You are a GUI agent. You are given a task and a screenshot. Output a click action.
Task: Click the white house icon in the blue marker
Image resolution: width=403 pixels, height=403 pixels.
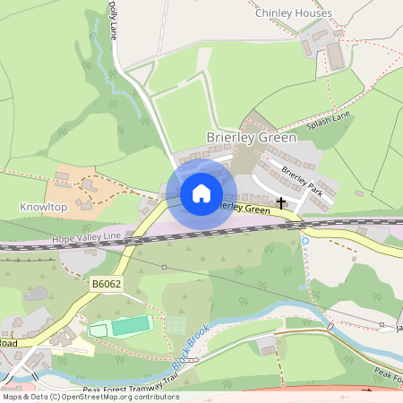pos(201,193)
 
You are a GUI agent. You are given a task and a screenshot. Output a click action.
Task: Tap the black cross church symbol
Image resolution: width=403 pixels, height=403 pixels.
pos(281,203)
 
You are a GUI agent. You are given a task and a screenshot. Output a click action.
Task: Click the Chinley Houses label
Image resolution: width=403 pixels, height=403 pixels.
pos(293,13)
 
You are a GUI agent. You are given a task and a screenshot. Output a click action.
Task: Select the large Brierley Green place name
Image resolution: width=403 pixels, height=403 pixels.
pos(251,138)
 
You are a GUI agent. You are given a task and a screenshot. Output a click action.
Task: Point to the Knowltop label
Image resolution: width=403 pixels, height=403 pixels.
pos(43,207)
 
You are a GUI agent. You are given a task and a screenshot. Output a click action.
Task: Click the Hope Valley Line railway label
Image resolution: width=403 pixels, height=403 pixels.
pos(86,236)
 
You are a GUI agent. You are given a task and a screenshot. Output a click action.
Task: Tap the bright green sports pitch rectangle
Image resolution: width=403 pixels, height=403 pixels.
pos(129,325)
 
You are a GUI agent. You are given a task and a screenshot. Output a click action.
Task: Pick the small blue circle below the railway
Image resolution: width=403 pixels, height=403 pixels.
pos(305,240)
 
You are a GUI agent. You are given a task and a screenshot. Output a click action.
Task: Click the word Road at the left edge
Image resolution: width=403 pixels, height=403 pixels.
pos(8,343)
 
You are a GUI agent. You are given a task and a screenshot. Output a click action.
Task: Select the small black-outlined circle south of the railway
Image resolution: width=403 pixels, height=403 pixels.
pos(165,267)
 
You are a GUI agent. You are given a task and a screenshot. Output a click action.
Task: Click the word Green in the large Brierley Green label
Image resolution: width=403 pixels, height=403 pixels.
pos(277,138)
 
